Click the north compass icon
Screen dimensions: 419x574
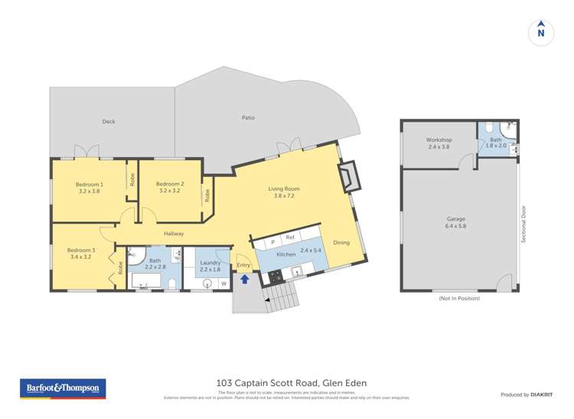(541, 31)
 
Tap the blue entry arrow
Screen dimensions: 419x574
(245, 280)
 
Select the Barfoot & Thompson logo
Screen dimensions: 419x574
(62, 389)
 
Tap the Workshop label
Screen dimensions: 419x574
(439, 140)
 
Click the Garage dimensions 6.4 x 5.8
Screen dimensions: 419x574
(456, 226)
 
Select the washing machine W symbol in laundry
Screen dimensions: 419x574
(224, 283)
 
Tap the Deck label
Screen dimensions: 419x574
(109, 121)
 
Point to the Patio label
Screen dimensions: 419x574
(248, 117)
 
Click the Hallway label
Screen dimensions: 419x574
(174, 234)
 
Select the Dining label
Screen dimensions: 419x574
(341, 243)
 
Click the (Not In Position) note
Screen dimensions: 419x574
(459, 298)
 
